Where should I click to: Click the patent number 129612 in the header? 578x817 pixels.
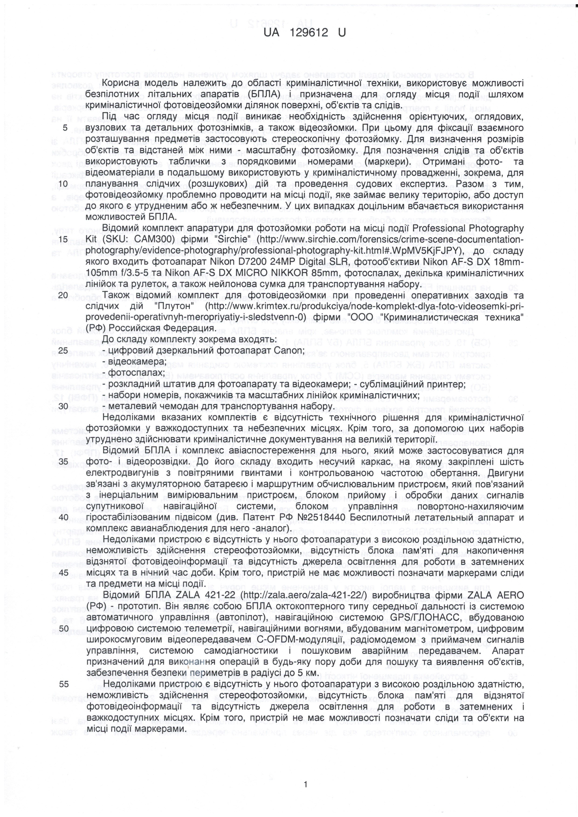[x=308, y=33]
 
